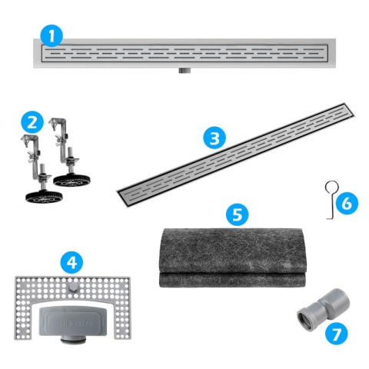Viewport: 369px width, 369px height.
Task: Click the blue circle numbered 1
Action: click(52, 35)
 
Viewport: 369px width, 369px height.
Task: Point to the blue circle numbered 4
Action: click(71, 262)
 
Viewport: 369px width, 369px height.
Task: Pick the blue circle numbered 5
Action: click(240, 214)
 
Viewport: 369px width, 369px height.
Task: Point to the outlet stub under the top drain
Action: click(185, 71)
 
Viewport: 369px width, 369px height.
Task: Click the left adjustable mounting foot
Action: click(34, 165)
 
